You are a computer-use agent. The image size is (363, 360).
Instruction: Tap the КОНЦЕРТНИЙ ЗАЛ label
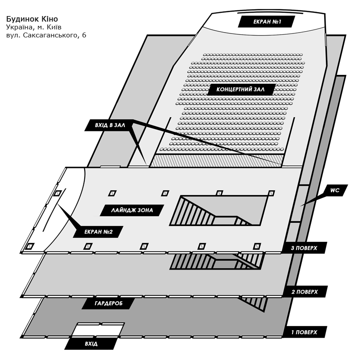point(241,90)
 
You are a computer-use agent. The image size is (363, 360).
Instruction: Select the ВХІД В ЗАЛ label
point(110,126)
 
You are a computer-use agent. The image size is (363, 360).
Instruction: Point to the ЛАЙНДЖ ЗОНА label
point(132,210)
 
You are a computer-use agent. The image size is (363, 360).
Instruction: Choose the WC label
point(335,190)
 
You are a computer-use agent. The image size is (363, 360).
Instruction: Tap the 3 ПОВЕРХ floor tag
point(306,248)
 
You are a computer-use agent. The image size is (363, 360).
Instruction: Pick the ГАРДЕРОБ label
point(108,304)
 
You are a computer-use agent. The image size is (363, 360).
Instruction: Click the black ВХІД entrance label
point(91,344)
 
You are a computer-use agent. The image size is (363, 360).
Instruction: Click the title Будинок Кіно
point(32,19)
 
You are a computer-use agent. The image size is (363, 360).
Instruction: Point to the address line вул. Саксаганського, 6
point(46,35)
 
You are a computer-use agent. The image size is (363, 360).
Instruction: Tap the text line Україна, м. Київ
point(33,27)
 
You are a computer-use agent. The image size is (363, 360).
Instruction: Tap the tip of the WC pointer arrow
point(301,205)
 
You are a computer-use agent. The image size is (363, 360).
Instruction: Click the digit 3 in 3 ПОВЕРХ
point(293,248)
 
